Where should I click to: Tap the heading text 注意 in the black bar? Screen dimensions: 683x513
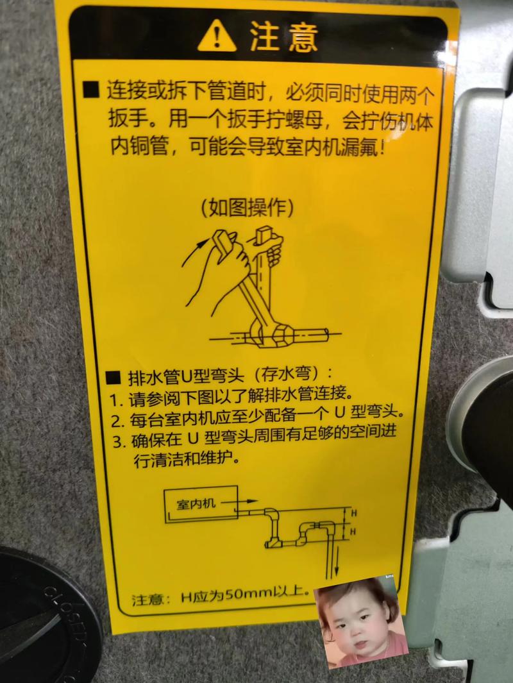(x=284, y=38)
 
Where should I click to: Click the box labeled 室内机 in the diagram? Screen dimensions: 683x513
(x=199, y=504)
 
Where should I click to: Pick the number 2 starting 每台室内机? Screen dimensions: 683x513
(x=115, y=421)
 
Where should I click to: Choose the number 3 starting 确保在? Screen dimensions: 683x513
(x=117, y=442)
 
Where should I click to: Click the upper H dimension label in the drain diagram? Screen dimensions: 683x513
(x=352, y=513)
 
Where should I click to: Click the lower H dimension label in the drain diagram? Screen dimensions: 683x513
(x=352, y=532)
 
